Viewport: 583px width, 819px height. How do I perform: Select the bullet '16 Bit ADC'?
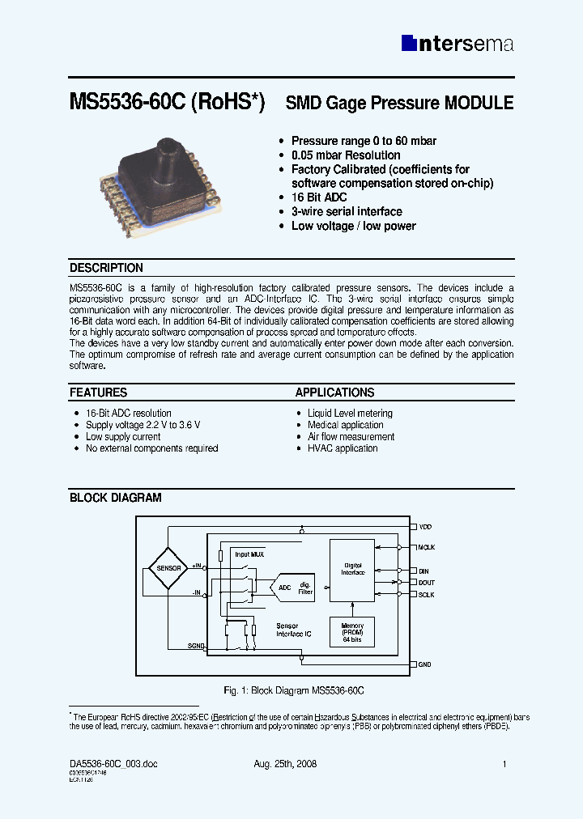[x=319, y=197]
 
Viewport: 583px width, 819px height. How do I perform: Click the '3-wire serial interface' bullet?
[x=347, y=212]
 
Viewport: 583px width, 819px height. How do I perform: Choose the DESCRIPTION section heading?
[x=106, y=268]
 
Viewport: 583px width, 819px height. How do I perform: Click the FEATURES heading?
[x=98, y=393]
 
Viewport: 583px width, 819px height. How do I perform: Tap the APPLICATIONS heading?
[x=334, y=393]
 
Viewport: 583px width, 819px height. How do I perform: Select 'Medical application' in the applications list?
[x=345, y=425]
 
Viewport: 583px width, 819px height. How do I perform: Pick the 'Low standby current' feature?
[x=123, y=437]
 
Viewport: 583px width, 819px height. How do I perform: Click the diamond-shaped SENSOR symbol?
[x=168, y=568]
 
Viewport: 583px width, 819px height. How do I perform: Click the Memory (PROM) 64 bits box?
[x=353, y=632]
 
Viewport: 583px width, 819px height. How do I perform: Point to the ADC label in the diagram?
[x=284, y=588]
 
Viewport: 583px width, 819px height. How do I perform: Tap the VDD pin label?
[x=426, y=527]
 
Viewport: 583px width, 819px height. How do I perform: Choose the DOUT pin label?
[x=427, y=582]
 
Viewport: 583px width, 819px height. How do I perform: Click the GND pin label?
[x=425, y=664]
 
